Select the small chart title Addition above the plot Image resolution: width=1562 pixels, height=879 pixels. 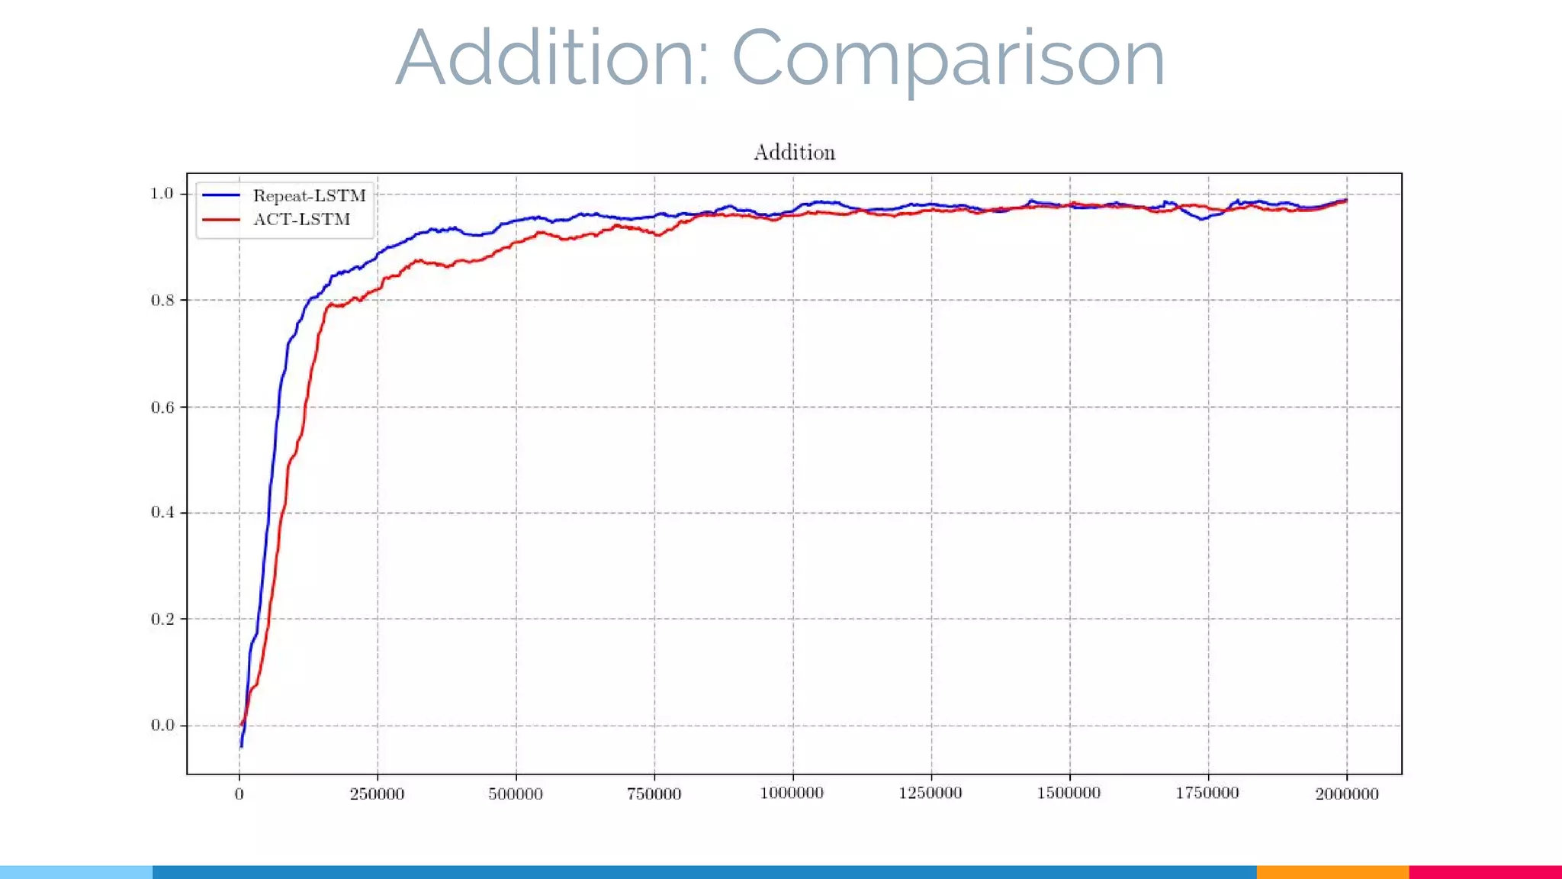(x=794, y=153)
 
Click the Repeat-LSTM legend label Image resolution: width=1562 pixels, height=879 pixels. (x=309, y=196)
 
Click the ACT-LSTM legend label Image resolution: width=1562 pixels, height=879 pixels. (x=301, y=220)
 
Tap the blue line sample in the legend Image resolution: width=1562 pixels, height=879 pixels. (x=221, y=196)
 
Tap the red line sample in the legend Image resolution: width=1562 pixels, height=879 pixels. (x=221, y=220)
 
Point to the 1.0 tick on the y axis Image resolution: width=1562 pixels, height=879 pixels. (x=162, y=194)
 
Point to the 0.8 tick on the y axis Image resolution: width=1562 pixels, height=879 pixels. (x=162, y=300)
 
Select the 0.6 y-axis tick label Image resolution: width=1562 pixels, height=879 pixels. (x=162, y=407)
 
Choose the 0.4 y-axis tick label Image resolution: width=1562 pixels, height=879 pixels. (x=162, y=512)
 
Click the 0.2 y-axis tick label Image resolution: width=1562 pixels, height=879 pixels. (x=162, y=619)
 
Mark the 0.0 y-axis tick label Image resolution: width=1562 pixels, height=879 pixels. (x=162, y=725)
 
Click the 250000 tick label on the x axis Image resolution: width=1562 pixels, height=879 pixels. (x=377, y=794)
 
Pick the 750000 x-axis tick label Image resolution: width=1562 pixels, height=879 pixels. (x=654, y=794)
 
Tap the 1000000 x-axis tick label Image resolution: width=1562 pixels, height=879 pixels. (x=792, y=794)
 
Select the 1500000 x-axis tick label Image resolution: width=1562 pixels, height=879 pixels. (x=1069, y=794)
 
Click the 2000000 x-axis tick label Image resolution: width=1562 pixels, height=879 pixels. (x=1346, y=794)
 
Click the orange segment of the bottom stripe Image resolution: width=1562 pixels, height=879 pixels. (x=1332, y=871)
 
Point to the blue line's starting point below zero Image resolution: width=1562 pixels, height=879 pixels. (x=241, y=745)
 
